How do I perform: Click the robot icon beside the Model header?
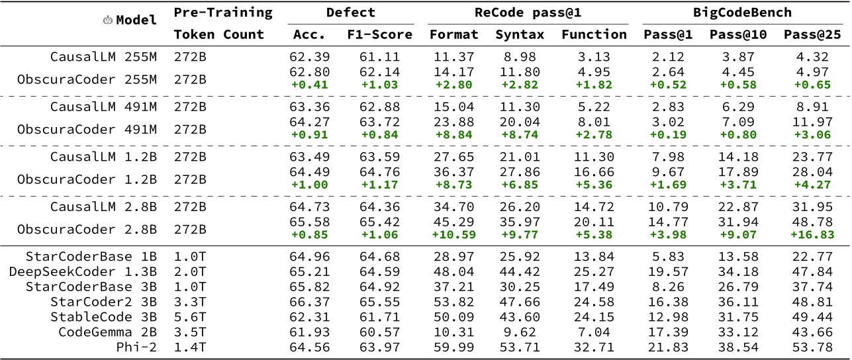point(108,21)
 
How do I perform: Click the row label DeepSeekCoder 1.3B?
point(83,271)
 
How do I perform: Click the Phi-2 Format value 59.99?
point(453,346)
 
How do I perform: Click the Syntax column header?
point(520,34)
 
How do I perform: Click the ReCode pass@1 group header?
point(526,13)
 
